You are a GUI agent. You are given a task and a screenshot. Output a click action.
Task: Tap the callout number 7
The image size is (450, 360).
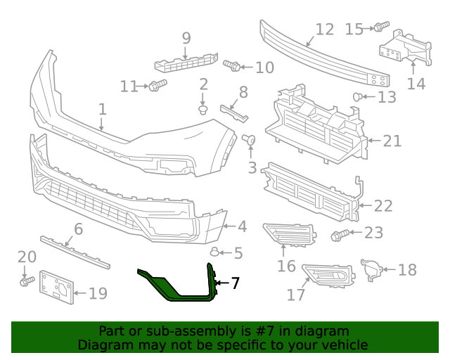(x=235, y=283)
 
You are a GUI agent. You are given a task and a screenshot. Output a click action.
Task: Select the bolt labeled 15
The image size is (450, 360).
(x=380, y=27)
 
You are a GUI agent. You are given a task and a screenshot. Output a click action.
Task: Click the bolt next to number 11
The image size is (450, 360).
(x=156, y=86)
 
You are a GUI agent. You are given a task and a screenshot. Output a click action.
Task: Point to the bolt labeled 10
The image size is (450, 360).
(x=232, y=67)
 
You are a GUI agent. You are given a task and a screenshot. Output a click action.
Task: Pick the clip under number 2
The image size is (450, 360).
(x=203, y=110)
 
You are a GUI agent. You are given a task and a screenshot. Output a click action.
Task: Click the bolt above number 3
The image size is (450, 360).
(x=248, y=141)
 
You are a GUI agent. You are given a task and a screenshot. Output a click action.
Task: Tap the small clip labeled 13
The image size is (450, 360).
(x=358, y=96)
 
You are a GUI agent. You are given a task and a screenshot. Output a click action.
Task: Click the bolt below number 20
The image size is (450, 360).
(x=26, y=281)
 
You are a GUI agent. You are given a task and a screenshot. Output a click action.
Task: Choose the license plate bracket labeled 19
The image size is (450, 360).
(x=55, y=288)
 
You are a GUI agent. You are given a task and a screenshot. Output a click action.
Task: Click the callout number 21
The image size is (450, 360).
(x=392, y=141)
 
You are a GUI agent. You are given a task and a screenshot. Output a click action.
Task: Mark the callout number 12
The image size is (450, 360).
(x=324, y=30)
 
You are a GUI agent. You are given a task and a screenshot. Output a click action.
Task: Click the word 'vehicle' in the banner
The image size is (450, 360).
(x=342, y=345)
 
